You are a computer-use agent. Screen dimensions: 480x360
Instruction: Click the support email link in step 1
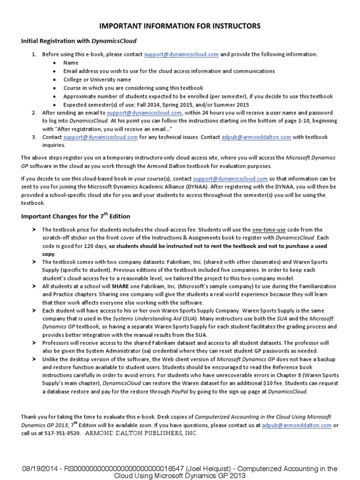click(x=181, y=54)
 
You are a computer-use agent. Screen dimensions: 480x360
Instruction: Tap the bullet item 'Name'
click(x=71, y=62)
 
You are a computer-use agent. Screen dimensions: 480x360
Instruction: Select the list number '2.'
click(x=34, y=113)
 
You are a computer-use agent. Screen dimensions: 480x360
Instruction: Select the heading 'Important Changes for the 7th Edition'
click(x=75, y=217)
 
